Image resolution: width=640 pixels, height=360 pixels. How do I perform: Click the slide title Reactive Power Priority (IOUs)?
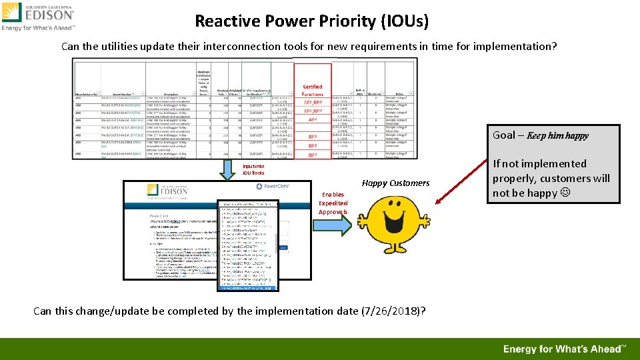tap(311, 21)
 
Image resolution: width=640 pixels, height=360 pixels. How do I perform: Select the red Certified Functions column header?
tap(312, 90)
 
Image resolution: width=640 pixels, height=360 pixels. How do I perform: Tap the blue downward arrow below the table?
tap(229, 170)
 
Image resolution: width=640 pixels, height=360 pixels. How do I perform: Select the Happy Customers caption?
tap(395, 183)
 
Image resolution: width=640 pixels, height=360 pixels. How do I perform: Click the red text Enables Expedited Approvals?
tap(333, 203)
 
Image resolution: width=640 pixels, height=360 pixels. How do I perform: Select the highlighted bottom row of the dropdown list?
tap(249, 288)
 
